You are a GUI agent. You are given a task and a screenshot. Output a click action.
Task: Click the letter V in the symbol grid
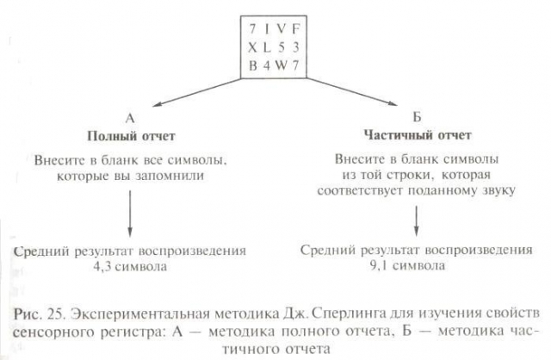pyautogui.click(x=281, y=28)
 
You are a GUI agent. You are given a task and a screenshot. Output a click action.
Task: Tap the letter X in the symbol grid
pyautogui.click(x=252, y=47)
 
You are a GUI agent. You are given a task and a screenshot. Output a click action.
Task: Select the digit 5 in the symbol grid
pyautogui.click(x=282, y=47)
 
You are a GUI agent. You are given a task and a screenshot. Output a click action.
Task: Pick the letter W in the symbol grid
pyautogui.click(x=281, y=65)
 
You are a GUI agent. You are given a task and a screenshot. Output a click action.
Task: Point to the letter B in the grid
pyautogui.click(x=252, y=65)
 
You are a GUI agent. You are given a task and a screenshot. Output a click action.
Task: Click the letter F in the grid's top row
pyautogui.click(x=296, y=28)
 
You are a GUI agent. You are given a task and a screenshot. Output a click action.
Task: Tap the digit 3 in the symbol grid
pyautogui.click(x=296, y=47)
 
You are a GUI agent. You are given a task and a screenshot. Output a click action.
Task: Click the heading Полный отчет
pyautogui.click(x=131, y=136)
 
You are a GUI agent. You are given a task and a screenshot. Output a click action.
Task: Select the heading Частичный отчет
pyautogui.click(x=418, y=135)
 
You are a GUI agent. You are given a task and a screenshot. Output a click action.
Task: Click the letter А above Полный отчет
pyautogui.click(x=130, y=119)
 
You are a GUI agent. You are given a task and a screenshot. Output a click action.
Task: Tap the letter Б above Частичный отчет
pyautogui.click(x=417, y=117)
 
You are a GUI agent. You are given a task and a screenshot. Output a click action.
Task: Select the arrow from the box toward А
pyautogui.click(x=198, y=92)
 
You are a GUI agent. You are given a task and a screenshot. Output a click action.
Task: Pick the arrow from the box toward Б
pyautogui.click(x=352, y=91)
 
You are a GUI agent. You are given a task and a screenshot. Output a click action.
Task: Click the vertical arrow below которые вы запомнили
pyautogui.click(x=130, y=214)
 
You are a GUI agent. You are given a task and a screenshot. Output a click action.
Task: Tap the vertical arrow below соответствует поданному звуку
pyautogui.click(x=417, y=220)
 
